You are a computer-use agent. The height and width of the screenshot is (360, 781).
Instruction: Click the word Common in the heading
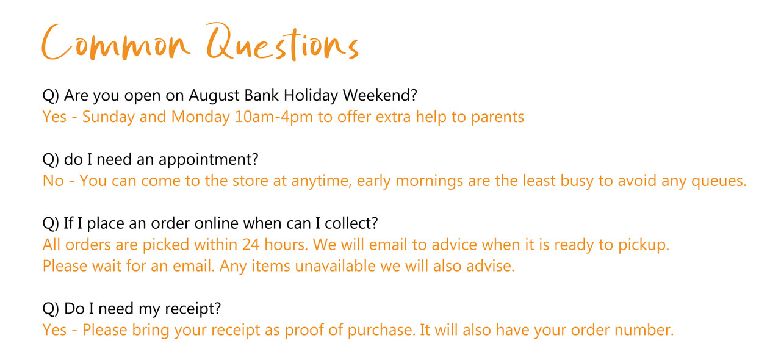pyautogui.click(x=116, y=43)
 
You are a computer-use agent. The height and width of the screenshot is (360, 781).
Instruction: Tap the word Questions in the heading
pyautogui.click(x=283, y=42)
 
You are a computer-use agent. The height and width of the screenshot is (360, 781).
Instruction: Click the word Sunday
pyautogui.click(x=108, y=117)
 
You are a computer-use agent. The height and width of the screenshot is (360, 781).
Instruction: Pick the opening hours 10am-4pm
pyautogui.click(x=274, y=117)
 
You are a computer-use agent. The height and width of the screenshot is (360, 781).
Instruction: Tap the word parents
pyautogui.click(x=497, y=118)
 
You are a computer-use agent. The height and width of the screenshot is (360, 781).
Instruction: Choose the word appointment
pyautogui.click(x=208, y=160)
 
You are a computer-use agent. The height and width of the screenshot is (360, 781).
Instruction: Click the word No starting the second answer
pyautogui.click(x=53, y=181)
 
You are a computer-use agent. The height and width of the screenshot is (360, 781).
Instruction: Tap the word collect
pyautogui.click(x=351, y=223)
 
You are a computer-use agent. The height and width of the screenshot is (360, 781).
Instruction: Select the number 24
pyautogui.click(x=251, y=245)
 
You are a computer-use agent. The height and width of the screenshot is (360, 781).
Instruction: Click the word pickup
pyautogui.click(x=644, y=245)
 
